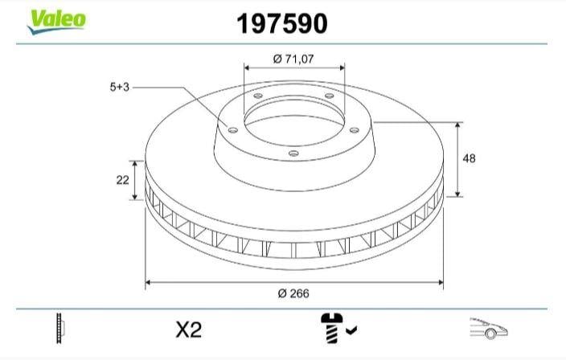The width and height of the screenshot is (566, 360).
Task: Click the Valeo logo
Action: pyautogui.click(x=56, y=22)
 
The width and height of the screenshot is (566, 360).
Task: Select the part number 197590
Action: pyautogui.click(x=282, y=24)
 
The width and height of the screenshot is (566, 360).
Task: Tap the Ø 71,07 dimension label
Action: pyautogui.click(x=293, y=59)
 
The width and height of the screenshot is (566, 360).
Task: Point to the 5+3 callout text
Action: pyautogui.click(x=120, y=87)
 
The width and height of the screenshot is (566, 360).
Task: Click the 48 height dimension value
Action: pyautogui.click(x=469, y=158)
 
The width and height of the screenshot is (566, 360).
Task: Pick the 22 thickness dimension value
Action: pyautogui.click(x=122, y=180)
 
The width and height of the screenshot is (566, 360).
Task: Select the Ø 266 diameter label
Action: pyautogui.click(x=293, y=293)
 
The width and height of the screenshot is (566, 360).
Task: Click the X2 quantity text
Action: pyautogui.click(x=188, y=329)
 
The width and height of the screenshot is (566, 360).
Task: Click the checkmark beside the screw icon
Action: pyautogui.click(x=351, y=329)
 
